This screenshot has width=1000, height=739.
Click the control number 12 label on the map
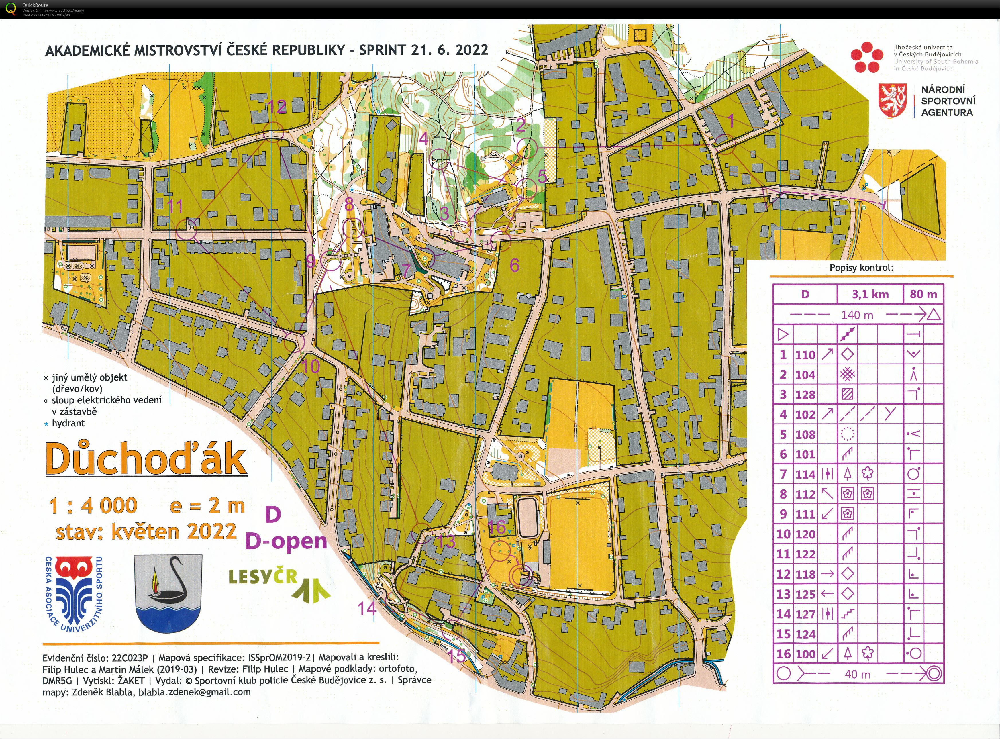click(x=277, y=107)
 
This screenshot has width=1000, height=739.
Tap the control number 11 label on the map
click(x=175, y=207)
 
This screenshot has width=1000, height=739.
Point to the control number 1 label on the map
click(x=731, y=121)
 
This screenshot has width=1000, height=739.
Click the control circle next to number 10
click(x=295, y=342)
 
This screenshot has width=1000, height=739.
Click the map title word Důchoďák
click(x=146, y=459)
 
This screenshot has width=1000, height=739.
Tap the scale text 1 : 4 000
click(x=93, y=506)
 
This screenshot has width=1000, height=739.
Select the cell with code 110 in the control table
click(x=805, y=355)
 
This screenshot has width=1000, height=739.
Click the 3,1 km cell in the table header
click(x=870, y=294)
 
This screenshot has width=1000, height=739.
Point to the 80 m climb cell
click(x=923, y=294)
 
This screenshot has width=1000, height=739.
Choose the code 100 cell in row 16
click(x=805, y=654)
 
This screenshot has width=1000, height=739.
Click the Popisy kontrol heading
click(x=861, y=268)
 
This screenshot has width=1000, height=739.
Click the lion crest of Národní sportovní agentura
click(x=893, y=101)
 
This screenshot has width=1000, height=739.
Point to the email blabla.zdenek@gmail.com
click(x=195, y=692)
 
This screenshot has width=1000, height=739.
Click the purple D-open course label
click(x=286, y=541)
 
